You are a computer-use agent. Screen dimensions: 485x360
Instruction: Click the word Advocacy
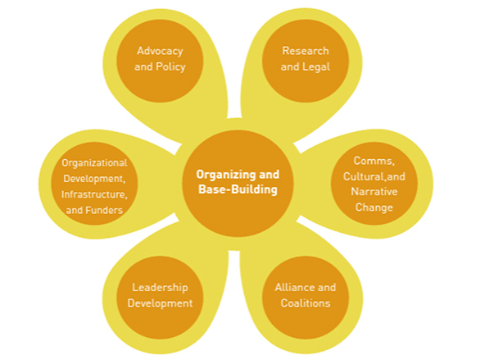tap(160, 52)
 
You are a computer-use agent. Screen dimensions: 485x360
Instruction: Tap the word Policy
tap(170, 67)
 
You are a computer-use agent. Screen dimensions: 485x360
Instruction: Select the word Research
tap(306, 51)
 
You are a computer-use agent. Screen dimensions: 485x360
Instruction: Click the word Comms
tap(374, 161)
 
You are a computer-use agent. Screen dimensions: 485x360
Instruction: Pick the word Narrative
tap(374, 192)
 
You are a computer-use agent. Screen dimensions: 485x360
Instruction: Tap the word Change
tap(374, 207)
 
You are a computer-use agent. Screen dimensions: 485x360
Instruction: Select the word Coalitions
tap(306, 303)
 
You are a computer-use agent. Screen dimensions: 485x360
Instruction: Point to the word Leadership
tap(160, 288)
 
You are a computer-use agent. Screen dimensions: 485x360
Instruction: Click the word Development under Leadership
tap(160, 303)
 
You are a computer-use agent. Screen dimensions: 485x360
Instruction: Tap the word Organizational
tap(94, 163)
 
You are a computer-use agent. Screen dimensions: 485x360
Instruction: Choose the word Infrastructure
tap(94, 194)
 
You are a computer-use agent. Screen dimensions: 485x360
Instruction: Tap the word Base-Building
tap(238, 189)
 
